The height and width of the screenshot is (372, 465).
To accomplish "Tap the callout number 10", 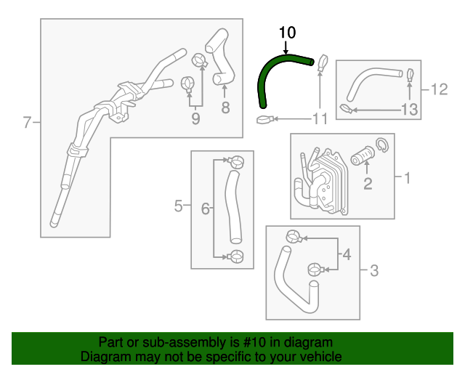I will point(288,33).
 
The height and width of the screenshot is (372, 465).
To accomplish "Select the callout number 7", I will point(28,123).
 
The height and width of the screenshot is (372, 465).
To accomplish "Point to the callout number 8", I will point(225,108).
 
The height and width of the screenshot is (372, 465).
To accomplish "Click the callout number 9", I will point(195,118).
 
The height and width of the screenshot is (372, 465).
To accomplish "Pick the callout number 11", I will point(320,118).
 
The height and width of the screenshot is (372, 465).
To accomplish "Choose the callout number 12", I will point(439,89).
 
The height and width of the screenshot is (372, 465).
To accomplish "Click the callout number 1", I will point(407,177).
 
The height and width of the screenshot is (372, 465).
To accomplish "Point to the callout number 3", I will point(374,272).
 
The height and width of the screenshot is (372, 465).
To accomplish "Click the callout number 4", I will point(347,255).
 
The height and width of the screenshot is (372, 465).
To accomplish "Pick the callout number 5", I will point(179,208).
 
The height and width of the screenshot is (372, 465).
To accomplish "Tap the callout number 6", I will point(206,209).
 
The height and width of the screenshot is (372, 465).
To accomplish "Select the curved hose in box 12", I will point(367,81).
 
